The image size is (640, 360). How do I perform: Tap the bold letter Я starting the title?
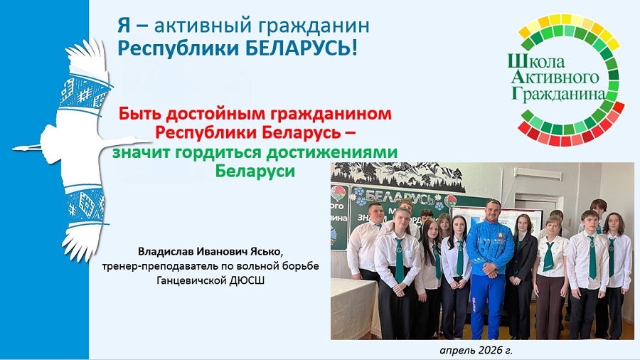(124, 26)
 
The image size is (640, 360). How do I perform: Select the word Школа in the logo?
(536, 61)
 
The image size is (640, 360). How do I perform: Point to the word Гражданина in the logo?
(558, 93)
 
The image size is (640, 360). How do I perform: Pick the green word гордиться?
(218, 152)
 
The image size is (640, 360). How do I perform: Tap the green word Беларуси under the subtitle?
(255, 171)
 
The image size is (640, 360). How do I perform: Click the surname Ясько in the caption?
(267, 250)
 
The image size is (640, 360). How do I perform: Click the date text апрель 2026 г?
(476, 350)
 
